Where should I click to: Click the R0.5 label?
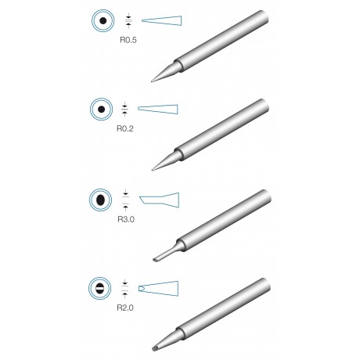click(x=128, y=40)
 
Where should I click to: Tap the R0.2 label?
click(x=124, y=128)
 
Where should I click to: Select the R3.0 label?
click(x=126, y=219)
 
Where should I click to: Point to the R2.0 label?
click(x=125, y=308)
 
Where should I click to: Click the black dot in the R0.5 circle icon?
click(x=103, y=20)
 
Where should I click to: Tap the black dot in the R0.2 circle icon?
click(x=102, y=110)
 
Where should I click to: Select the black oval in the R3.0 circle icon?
click(x=100, y=200)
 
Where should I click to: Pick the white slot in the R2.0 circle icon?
click(x=100, y=289)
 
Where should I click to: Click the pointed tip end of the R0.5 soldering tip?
click(x=152, y=81)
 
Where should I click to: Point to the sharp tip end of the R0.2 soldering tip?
click(x=153, y=170)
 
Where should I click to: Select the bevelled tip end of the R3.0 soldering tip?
click(x=155, y=260)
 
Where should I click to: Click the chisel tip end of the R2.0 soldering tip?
click(x=154, y=348)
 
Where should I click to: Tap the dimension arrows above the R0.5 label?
click(x=128, y=20)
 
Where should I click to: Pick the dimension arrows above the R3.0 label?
click(x=125, y=200)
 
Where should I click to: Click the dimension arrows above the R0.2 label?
click(x=124, y=110)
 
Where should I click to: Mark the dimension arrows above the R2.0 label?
click(x=125, y=289)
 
